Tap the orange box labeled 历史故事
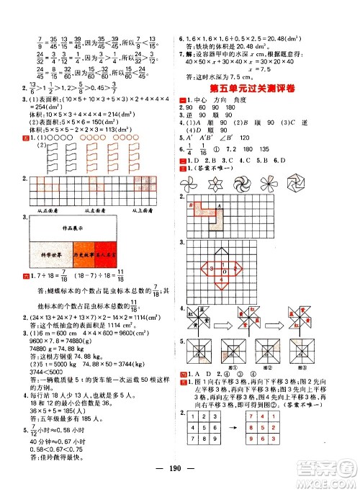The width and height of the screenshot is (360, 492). [85, 254]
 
